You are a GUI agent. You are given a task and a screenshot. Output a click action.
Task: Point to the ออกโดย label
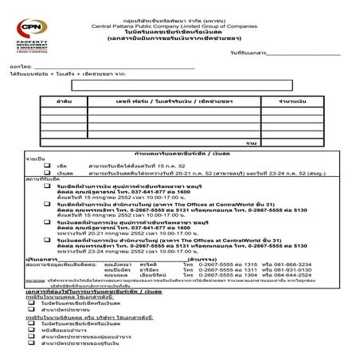[21, 68]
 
